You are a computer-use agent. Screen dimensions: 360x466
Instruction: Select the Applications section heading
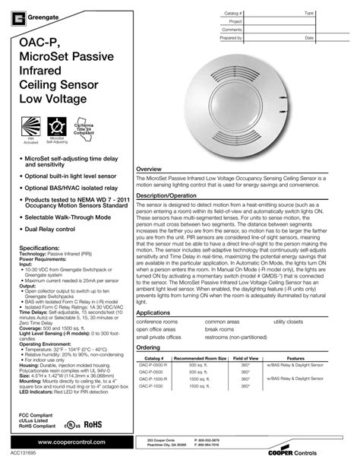click(x=154, y=312)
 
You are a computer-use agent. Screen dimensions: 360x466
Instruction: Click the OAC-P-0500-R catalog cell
click(x=155, y=363)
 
